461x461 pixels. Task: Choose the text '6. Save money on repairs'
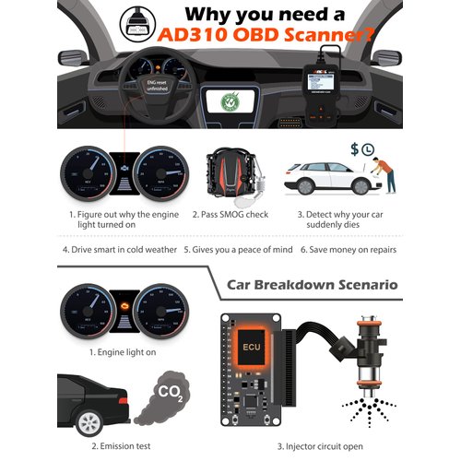[x=353, y=250]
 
